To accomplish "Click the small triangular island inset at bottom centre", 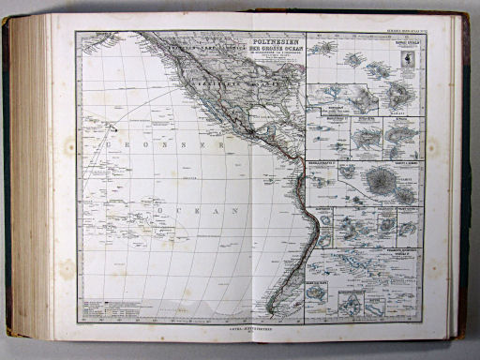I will pyautogui.click(x=351, y=302).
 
